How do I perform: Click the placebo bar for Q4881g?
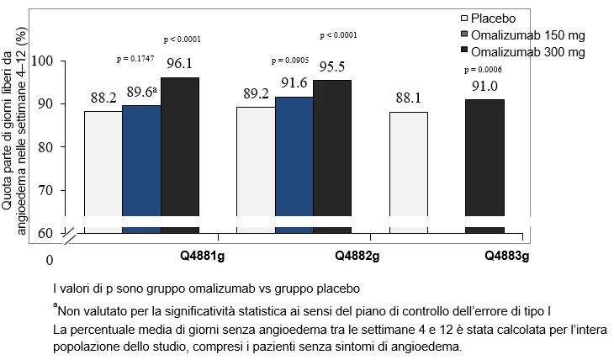click(x=103, y=172)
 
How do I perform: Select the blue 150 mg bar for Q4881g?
click(x=141, y=169)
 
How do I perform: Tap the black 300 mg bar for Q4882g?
click(x=332, y=156)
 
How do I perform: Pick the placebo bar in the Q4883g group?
click(x=409, y=172)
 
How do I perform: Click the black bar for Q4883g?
click(x=484, y=167)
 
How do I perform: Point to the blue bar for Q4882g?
click(x=294, y=166)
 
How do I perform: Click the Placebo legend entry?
click(x=489, y=19)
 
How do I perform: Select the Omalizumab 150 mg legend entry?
click(x=523, y=35)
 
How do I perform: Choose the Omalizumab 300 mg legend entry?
click(x=523, y=52)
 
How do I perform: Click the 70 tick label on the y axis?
click(x=45, y=190)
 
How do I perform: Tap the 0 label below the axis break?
click(x=50, y=260)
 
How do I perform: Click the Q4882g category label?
click(x=357, y=257)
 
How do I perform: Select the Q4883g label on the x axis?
click(x=506, y=257)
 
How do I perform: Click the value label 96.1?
click(x=179, y=63)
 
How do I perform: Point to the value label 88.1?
click(x=409, y=98)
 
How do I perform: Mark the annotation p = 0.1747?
click(x=135, y=59)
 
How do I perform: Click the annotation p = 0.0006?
click(x=483, y=70)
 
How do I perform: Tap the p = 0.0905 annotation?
click(x=290, y=61)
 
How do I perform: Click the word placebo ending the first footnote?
click(x=338, y=289)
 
